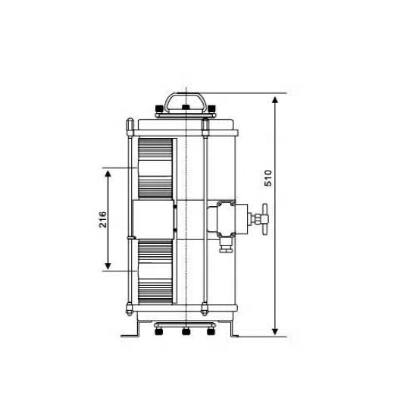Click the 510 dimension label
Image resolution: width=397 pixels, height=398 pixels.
268,178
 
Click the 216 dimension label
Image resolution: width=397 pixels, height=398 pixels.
103,220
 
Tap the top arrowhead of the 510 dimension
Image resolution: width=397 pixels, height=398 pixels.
275,100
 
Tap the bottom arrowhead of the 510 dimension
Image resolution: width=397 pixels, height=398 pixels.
275,331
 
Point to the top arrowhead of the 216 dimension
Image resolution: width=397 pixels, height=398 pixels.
108,174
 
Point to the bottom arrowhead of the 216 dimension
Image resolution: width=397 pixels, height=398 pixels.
108,266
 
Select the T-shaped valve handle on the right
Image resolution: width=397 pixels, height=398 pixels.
265,219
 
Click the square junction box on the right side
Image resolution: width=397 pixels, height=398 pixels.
227,218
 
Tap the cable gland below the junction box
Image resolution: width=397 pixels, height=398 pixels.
226,245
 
